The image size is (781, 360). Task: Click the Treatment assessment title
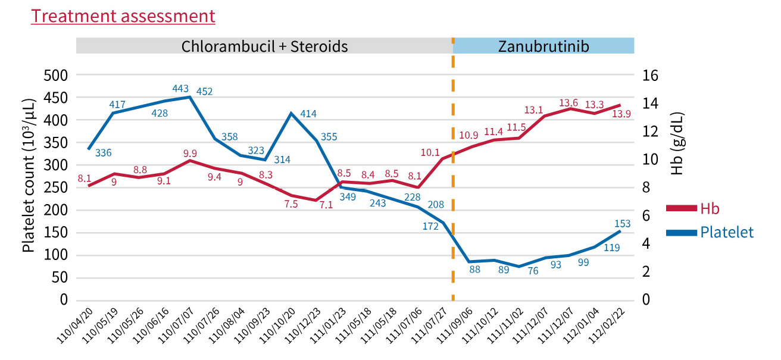tap(123, 16)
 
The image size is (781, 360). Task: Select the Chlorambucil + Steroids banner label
tap(265, 46)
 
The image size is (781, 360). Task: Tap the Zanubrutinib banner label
tap(543, 46)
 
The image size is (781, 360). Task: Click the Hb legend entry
tap(710, 208)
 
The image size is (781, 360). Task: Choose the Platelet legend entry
tap(727, 232)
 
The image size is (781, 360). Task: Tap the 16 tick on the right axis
tap(649, 75)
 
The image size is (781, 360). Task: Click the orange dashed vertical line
tap(453, 179)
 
